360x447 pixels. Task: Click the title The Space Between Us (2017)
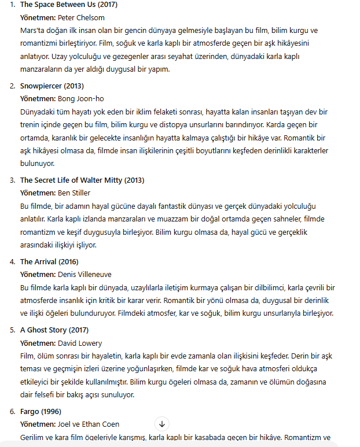pos(68,5)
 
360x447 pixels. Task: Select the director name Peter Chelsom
pos(82,17)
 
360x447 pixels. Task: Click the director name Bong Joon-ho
pos(81,99)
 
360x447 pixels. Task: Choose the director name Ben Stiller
pos(74,193)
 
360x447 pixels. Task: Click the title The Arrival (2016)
pos(49,262)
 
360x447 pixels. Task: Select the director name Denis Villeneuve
pos(85,275)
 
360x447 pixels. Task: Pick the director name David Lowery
pos(79,343)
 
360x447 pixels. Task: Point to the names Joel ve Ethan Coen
pos(89,424)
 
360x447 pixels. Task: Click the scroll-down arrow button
pos(162,424)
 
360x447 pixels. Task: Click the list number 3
pos(13,180)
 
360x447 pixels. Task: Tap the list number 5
pos(13,330)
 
